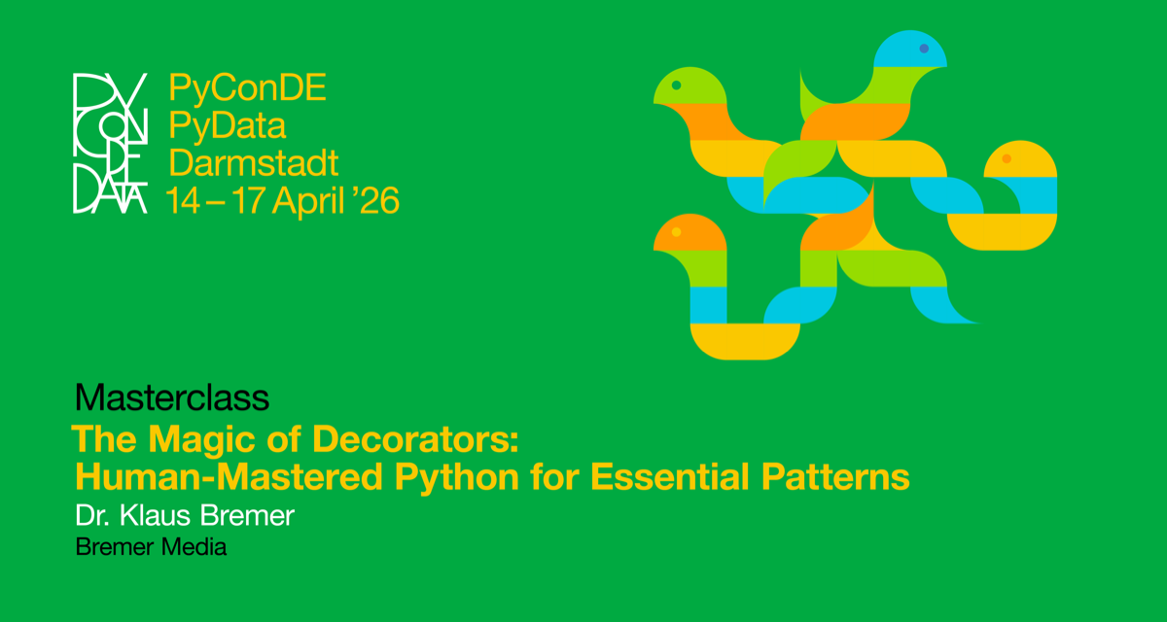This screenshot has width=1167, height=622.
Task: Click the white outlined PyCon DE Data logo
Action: click(x=110, y=143)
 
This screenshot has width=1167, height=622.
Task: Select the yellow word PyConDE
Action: click(x=247, y=88)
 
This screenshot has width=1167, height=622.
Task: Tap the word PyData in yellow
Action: click(x=228, y=126)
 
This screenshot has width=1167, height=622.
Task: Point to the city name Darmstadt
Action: click(x=254, y=162)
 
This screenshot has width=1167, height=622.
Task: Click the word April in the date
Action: click(x=307, y=200)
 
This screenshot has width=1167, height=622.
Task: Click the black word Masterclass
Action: click(x=171, y=397)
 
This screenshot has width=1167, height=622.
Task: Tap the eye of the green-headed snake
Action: click(x=676, y=86)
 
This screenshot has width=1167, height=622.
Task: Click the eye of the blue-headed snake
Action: click(x=923, y=48)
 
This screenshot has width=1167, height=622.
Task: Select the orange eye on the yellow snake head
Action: click(x=1007, y=157)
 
